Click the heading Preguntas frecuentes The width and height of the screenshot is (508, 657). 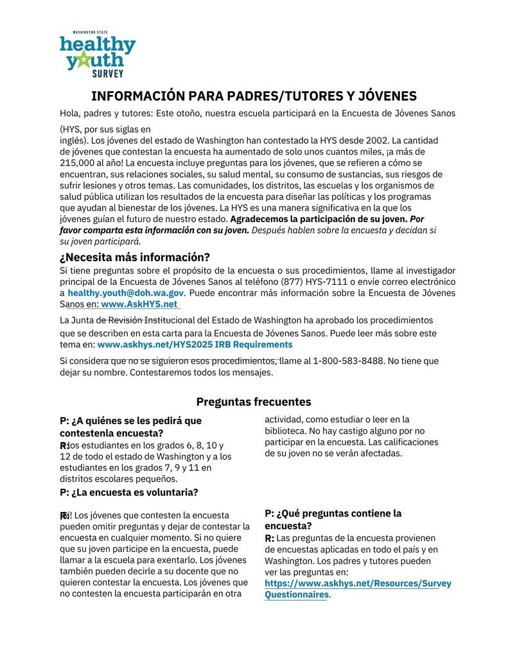pyautogui.click(x=254, y=402)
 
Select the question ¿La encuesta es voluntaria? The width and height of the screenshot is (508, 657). pyautogui.click(x=128, y=492)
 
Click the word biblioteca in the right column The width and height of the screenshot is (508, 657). pyautogui.click(x=287, y=431)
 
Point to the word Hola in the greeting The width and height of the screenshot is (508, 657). pyautogui.click(x=70, y=114)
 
